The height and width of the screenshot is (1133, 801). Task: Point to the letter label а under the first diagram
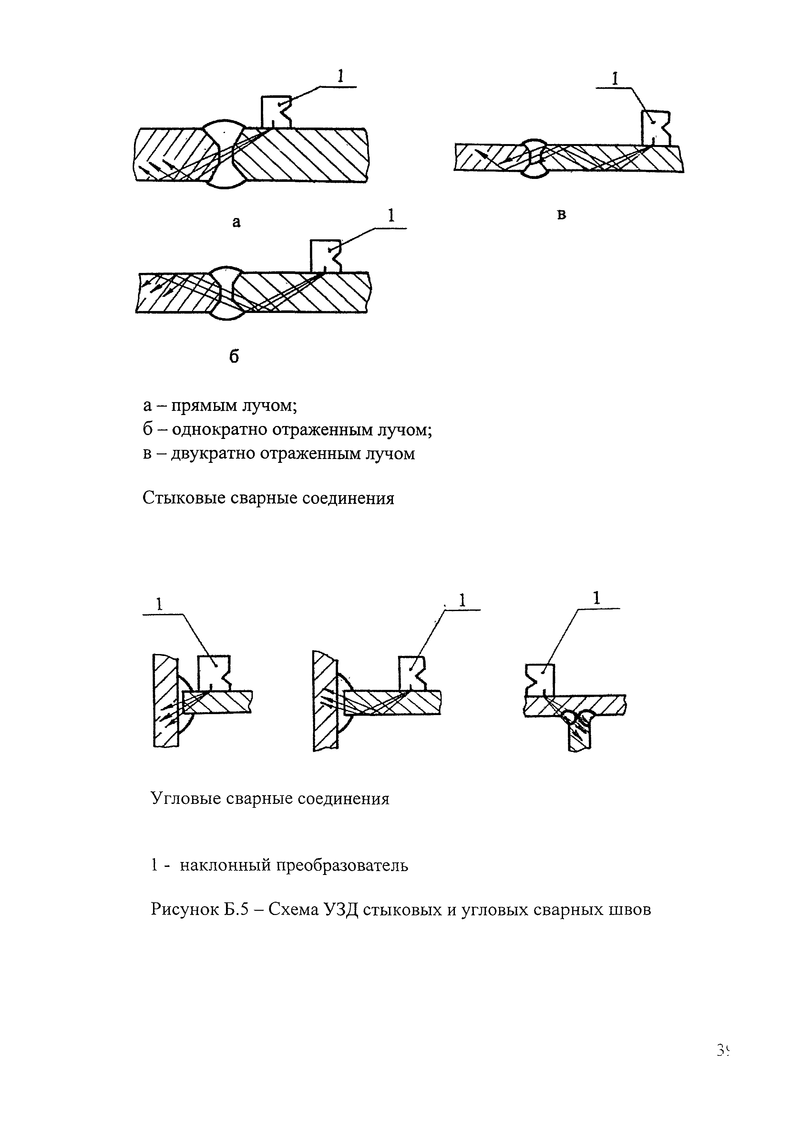(x=237, y=223)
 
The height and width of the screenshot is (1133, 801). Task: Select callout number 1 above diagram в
(x=615, y=79)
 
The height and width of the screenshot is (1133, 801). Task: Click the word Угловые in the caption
(x=185, y=798)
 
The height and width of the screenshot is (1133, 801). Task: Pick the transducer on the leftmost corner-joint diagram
(x=213, y=672)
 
